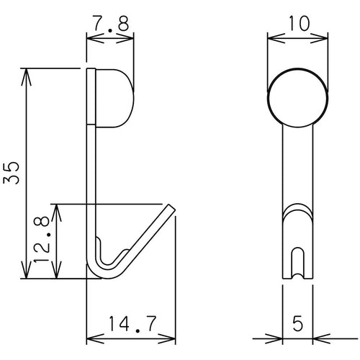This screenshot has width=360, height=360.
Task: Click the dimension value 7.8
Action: pos(109,24)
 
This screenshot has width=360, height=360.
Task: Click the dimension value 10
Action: pos(297,24)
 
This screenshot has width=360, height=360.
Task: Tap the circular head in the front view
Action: pos(297,98)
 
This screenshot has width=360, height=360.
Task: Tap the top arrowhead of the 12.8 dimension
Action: pos(59,207)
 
